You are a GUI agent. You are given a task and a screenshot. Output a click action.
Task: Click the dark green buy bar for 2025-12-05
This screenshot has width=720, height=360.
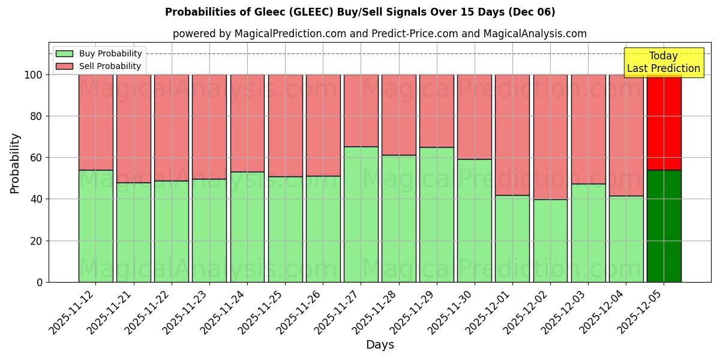pos(664,226)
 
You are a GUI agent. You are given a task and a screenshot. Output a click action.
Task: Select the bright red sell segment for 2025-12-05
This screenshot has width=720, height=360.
pos(664,122)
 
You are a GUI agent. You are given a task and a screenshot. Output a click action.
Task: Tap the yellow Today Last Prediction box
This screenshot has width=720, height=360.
pos(663,62)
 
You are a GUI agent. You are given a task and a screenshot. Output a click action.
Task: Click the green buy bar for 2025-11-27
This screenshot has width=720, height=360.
pos(361,214)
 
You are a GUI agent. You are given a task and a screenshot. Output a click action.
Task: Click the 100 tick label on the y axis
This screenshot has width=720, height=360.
pos(32,75)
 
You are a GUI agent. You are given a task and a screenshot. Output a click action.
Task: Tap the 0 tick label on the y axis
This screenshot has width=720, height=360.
pos(40,282)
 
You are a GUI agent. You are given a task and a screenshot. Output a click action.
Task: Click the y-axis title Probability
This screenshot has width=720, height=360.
pos(15,163)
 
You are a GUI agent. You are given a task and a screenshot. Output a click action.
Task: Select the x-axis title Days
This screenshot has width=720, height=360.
pos(380,345)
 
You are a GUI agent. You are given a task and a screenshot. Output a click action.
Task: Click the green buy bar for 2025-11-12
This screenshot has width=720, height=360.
pos(95,226)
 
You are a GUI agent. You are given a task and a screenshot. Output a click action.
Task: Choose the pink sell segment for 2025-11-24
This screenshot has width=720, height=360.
pos(247,123)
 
